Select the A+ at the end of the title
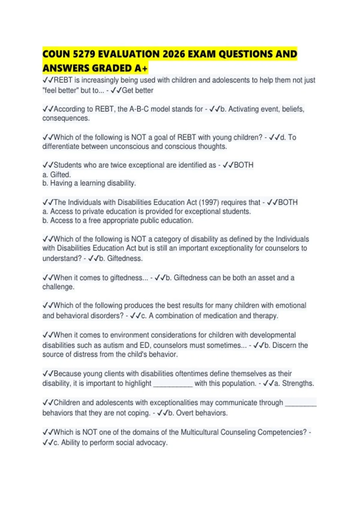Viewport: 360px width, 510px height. point(141,68)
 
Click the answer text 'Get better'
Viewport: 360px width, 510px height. point(137,90)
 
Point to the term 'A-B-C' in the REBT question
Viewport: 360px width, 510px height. point(139,109)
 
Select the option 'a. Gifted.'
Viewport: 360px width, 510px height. point(57,174)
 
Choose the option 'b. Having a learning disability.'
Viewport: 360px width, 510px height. point(89,183)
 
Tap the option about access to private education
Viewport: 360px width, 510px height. point(146,211)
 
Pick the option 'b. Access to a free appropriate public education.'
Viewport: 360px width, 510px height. point(118,220)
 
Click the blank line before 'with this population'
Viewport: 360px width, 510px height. point(173,384)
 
